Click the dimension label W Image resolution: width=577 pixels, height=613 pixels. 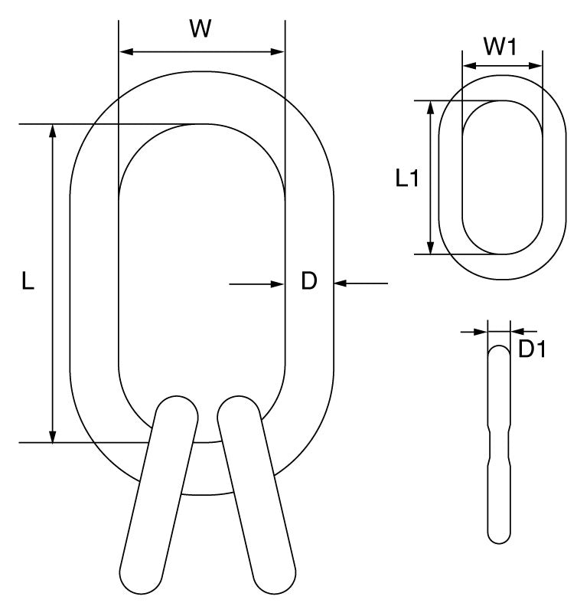[x=200, y=29]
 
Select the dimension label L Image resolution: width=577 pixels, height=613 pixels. [x=28, y=283]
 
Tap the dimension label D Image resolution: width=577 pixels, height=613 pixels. [x=308, y=282]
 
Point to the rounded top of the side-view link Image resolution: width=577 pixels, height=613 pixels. [x=499, y=351]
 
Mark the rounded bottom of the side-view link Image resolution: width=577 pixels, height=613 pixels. [x=499, y=535]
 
